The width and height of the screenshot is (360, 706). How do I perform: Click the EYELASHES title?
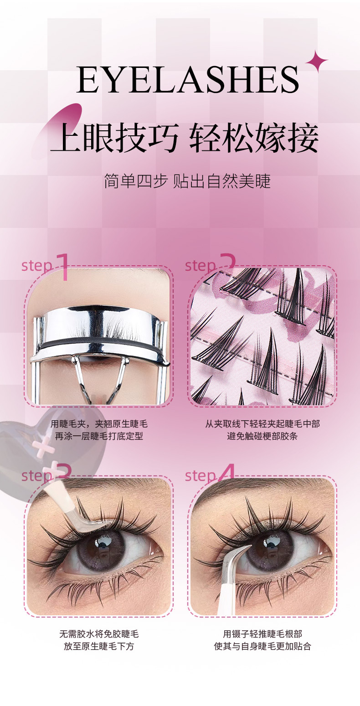tap(188, 79)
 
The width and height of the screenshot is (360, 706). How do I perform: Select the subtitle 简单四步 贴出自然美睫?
tap(187, 181)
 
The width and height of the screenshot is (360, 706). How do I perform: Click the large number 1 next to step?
tap(63, 267)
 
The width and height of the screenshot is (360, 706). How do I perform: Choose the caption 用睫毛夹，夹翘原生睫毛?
tap(99, 424)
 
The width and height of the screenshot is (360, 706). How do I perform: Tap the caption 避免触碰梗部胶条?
tap(262, 436)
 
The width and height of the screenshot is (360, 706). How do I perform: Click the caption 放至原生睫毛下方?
tap(99, 646)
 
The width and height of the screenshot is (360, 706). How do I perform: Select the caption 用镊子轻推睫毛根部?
tap(262, 634)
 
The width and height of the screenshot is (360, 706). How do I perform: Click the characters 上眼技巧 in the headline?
tap(115, 139)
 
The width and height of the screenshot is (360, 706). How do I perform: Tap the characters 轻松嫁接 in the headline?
tap(254, 139)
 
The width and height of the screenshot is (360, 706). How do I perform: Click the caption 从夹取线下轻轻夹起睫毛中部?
tap(262, 424)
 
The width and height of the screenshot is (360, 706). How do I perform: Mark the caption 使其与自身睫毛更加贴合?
tap(262, 646)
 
